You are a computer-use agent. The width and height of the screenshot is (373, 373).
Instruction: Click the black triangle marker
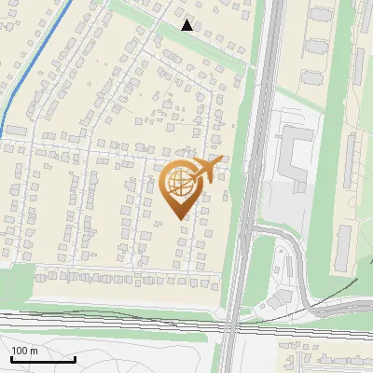pos(187,25)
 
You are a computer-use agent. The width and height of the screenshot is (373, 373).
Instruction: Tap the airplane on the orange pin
pos(206,170)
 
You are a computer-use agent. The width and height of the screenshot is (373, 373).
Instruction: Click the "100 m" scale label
pos(25,351)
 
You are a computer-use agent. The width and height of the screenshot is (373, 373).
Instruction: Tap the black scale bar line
pos(42,360)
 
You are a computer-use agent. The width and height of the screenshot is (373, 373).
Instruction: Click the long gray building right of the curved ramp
pos(343,245)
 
